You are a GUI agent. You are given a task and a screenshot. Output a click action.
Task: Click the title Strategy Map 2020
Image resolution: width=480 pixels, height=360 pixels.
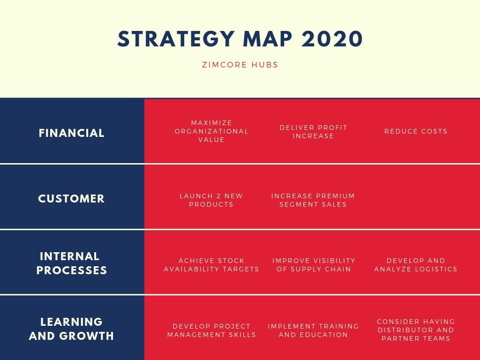(240, 39)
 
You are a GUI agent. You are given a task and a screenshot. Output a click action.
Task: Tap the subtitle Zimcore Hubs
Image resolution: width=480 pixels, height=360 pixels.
(240, 65)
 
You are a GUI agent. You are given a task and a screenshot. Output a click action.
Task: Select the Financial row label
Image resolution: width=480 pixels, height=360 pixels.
(72, 133)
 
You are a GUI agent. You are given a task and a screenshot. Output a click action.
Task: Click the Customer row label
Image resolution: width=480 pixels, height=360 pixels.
(72, 199)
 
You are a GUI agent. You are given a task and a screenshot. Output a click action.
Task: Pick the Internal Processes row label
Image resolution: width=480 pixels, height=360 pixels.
(72, 263)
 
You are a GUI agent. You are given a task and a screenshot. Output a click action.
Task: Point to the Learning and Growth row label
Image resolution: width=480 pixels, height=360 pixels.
(72, 329)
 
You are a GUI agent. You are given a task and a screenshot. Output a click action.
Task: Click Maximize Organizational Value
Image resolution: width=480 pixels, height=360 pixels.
(211, 131)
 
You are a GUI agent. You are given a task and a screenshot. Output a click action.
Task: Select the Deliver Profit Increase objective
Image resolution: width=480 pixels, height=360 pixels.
(313, 132)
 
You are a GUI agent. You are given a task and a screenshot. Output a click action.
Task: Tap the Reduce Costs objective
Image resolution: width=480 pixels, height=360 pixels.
(416, 131)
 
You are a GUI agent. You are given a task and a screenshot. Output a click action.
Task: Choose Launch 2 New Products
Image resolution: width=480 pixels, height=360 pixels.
(211, 200)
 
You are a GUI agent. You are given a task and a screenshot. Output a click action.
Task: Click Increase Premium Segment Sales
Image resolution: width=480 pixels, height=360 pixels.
(313, 200)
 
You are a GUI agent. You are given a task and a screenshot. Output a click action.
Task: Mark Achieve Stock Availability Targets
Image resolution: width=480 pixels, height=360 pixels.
(211, 265)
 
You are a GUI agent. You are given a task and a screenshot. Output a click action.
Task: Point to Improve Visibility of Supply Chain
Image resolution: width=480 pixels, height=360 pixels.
(314, 265)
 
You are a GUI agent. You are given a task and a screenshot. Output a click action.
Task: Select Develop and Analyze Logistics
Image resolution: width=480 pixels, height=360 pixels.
(416, 265)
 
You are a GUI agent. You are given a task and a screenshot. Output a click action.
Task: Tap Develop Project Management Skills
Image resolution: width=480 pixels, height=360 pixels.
(211, 330)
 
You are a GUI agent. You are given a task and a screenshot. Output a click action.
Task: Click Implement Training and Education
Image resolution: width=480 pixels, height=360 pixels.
(313, 330)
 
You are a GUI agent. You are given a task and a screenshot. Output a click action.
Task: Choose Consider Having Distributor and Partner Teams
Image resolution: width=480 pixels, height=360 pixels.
(416, 330)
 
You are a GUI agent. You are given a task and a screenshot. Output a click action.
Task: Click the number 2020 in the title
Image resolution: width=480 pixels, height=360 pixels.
(332, 39)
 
